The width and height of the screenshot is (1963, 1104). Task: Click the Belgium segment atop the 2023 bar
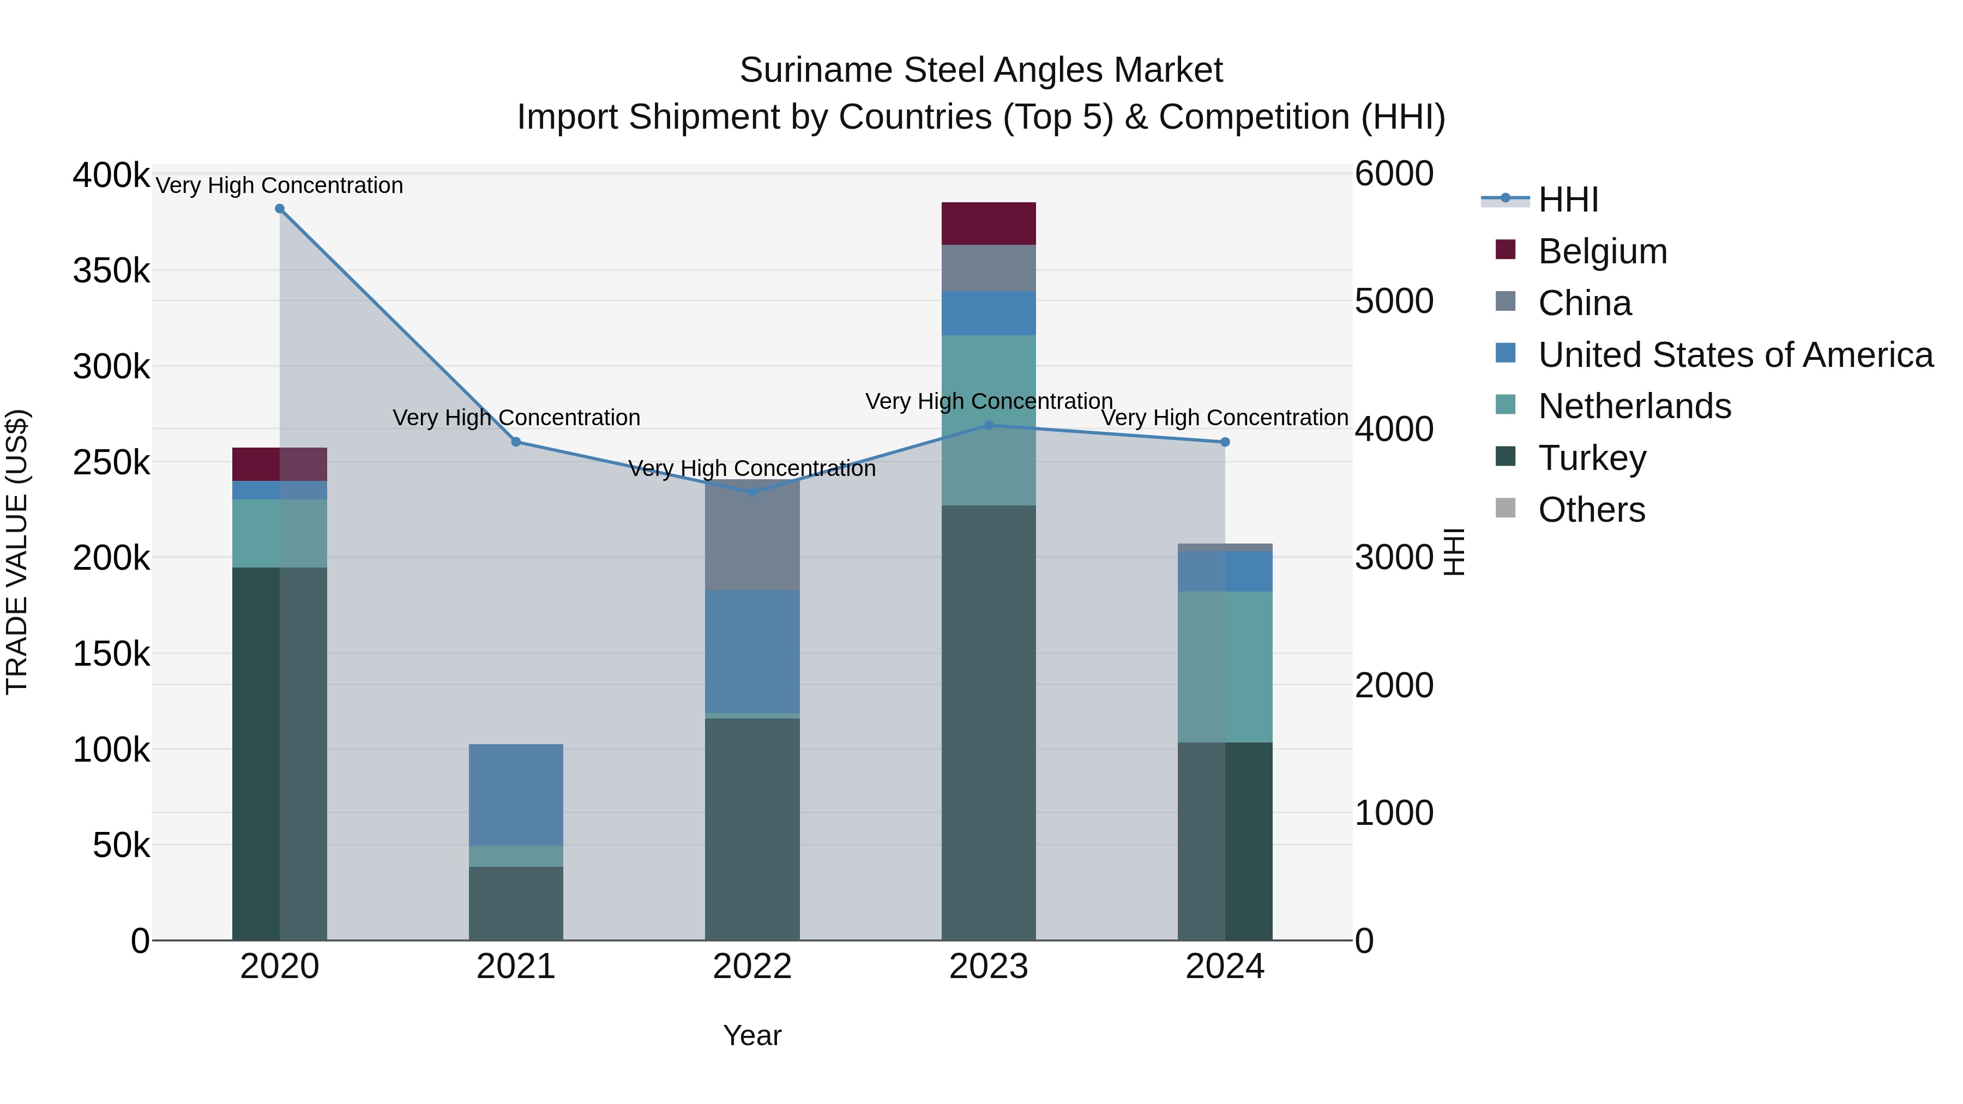(989, 223)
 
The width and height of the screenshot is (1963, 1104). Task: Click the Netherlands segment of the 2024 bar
(1225, 667)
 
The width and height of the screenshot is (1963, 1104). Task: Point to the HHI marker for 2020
(280, 209)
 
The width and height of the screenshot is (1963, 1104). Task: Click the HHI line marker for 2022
(752, 492)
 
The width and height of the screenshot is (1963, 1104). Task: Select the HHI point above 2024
(1225, 442)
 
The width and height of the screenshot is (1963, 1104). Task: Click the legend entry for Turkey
(1591, 458)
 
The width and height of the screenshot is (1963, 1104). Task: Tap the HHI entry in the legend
(1568, 200)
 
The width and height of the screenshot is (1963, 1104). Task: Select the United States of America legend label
(1735, 355)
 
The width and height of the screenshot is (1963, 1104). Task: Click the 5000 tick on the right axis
(1394, 301)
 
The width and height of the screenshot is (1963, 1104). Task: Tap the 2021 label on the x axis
(515, 967)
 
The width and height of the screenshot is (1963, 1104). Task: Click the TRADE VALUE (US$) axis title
(17, 552)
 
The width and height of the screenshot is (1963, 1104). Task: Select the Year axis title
(751, 1035)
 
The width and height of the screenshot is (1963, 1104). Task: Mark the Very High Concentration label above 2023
(989, 401)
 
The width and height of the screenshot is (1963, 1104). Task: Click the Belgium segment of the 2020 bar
(280, 464)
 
